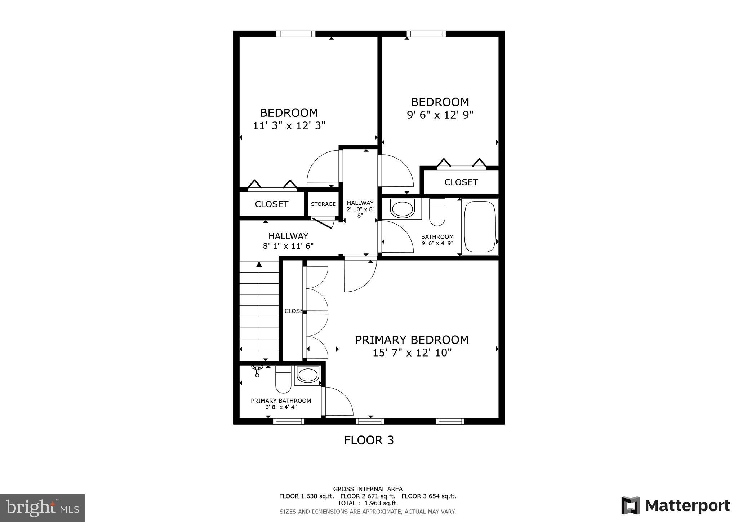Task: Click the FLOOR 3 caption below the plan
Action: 369,440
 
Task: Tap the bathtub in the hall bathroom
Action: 480,227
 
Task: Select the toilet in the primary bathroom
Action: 283,379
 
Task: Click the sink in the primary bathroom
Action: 307,375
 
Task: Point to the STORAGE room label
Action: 323,204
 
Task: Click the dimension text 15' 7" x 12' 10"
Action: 412,353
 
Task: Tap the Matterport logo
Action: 675,505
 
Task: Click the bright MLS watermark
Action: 43,508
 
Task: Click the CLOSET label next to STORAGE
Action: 271,204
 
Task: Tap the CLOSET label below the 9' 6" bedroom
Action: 461,182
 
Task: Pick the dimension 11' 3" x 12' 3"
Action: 289,126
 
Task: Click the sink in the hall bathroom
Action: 402,209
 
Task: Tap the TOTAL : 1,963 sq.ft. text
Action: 368,503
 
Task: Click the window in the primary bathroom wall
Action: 289,421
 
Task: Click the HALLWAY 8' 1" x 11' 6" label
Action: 288,241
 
